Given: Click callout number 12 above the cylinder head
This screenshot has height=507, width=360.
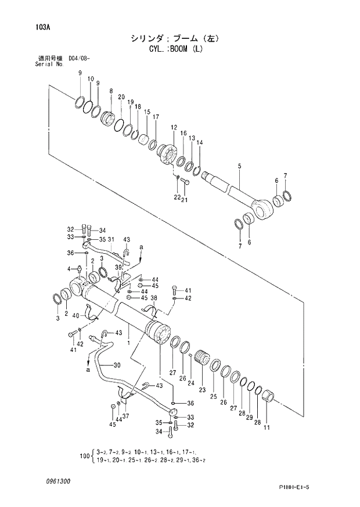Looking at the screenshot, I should [x=174, y=127].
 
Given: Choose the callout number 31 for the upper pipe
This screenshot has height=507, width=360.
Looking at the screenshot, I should [x=110, y=240].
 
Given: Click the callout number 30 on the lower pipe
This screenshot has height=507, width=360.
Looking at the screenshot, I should [x=117, y=365].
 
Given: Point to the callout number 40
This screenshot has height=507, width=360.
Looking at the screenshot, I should [x=75, y=315].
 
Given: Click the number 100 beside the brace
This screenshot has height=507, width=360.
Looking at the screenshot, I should [x=84, y=457].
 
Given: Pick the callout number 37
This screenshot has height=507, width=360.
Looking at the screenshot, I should [x=125, y=415].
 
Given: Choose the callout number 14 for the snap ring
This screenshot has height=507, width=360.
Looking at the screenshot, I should [x=200, y=143].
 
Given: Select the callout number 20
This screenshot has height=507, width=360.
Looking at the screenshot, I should [x=121, y=97].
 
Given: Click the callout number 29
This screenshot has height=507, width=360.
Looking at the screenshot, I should [x=249, y=418].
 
